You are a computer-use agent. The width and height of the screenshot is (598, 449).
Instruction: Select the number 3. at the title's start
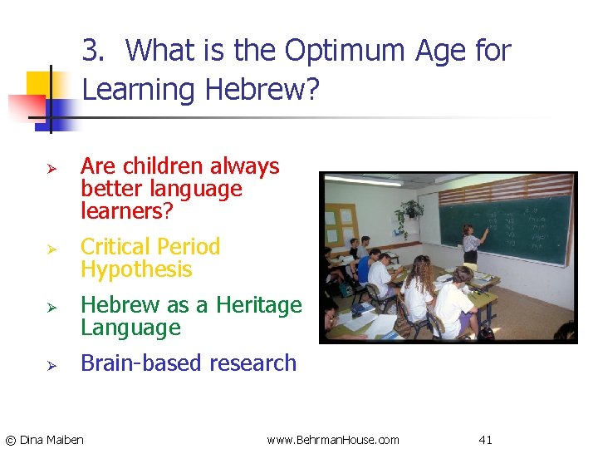pos(95,52)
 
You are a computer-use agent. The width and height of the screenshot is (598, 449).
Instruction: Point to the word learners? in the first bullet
pos(127,211)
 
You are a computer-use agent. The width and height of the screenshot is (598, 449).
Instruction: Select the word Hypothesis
pos(136,269)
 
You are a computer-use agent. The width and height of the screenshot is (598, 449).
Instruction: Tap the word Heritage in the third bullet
pos(258,305)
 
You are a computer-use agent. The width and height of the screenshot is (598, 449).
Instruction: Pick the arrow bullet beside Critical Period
pos(51,249)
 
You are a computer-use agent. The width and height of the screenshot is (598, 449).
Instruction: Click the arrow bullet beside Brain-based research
pos(51,365)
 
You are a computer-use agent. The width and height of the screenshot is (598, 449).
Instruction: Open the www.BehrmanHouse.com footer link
pos(333,439)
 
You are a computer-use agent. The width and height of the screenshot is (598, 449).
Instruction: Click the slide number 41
pos(486,439)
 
